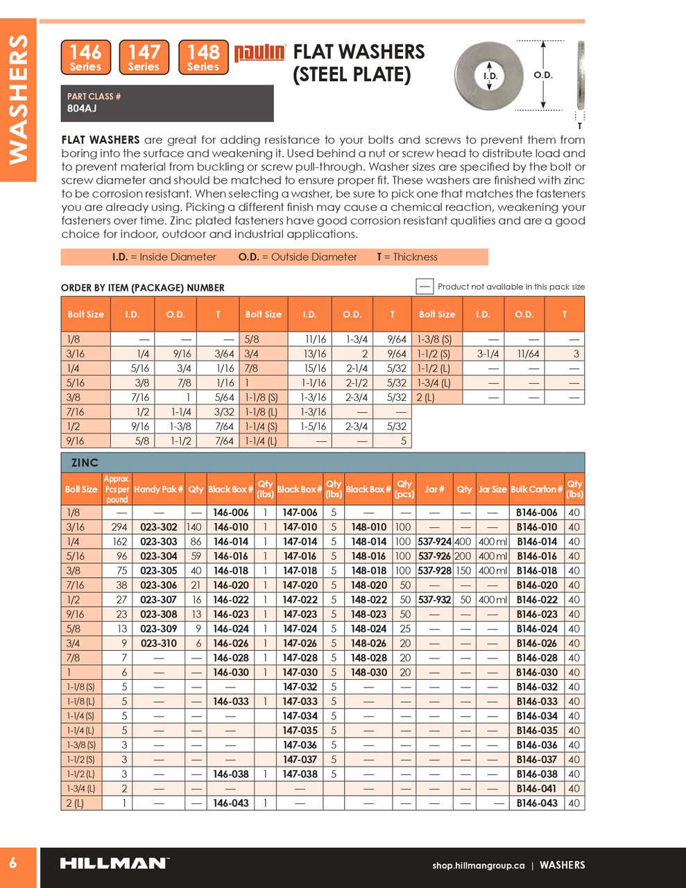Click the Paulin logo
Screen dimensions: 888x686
[259, 53]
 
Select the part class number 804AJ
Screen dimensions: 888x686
[82, 108]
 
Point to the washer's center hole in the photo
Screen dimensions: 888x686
[490, 75]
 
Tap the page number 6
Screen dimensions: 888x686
[13, 864]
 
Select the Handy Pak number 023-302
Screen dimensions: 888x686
[159, 527]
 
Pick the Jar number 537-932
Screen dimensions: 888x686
[435, 599]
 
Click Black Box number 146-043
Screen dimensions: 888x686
[231, 803]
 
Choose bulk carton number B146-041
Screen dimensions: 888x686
[537, 788]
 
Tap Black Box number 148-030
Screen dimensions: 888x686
[369, 672]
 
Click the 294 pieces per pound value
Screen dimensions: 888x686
[119, 527]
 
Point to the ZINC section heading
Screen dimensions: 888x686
[85, 463]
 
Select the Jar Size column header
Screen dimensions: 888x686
[492, 489]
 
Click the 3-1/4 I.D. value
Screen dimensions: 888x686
[488, 354]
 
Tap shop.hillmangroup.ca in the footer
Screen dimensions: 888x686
[478, 865]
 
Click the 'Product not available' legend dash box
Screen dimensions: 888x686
[425, 287]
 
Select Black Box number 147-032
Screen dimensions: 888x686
[300, 687]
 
